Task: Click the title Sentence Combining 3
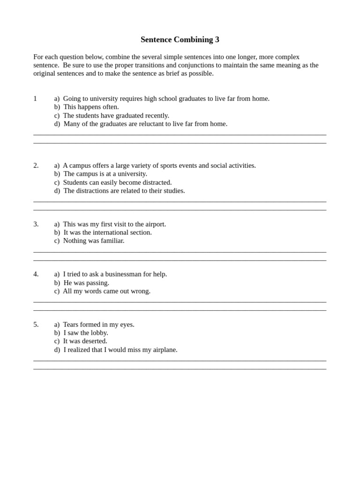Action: [180, 40]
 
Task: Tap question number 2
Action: [36, 165]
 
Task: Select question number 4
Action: [36, 274]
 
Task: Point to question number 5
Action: [36, 324]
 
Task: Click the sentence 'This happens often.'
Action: [91, 107]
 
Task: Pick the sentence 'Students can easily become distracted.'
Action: [117, 182]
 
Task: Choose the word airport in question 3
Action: [154, 224]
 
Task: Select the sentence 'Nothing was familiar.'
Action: [94, 241]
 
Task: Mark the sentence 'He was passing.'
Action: [86, 283]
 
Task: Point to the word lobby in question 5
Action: [98, 333]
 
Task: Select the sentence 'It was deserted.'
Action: [85, 341]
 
